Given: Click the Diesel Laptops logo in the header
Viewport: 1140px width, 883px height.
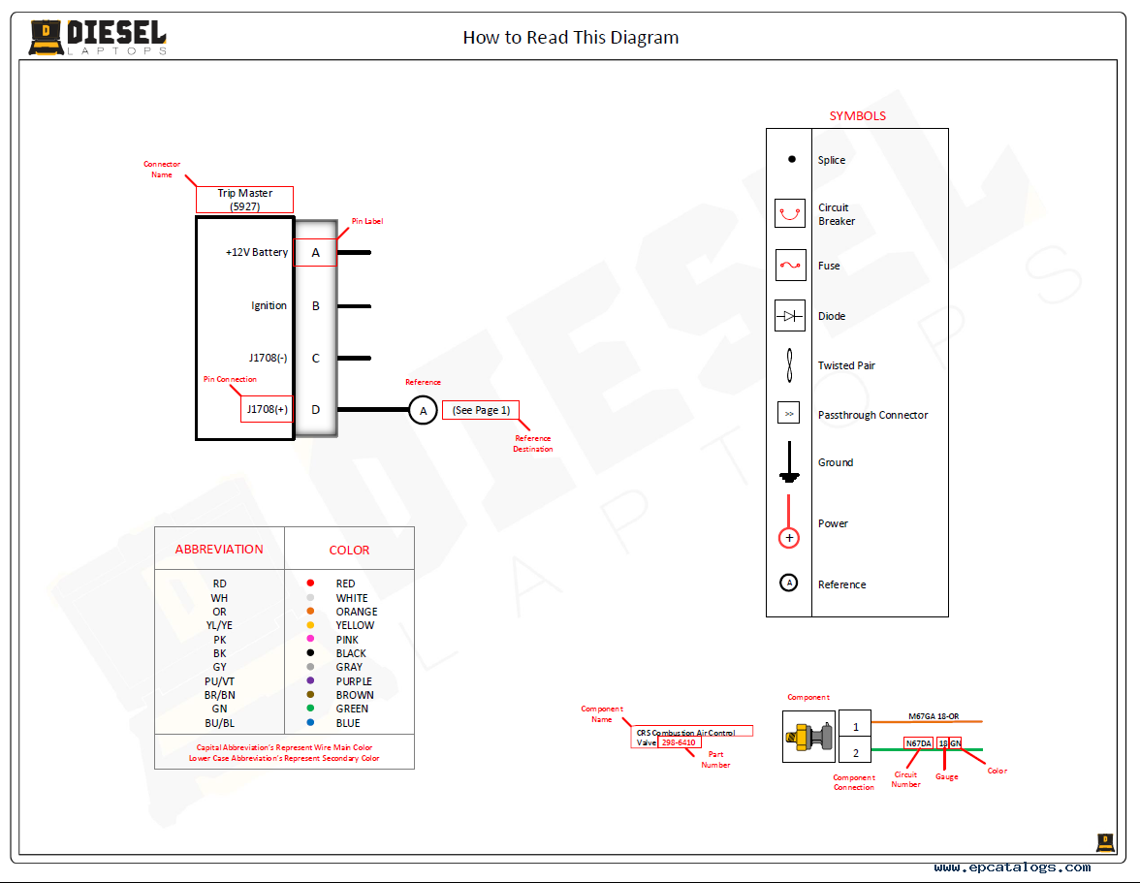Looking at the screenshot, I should (x=98, y=38).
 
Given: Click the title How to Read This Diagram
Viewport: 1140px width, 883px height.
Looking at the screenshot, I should (x=570, y=38).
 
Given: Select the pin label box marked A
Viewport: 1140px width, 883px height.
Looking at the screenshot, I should (x=315, y=253).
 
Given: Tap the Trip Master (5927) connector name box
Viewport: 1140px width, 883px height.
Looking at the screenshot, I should (x=244, y=200).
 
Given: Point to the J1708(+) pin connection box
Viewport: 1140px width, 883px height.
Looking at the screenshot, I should (x=267, y=409).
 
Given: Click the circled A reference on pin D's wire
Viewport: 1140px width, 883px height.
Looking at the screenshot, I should (x=422, y=410).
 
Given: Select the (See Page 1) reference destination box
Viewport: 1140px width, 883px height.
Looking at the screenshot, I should (x=481, y=410).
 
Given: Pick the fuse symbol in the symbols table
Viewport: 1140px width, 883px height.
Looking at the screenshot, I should (x=790, y=265).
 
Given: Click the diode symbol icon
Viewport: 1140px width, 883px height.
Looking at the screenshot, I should (x=790, y=316).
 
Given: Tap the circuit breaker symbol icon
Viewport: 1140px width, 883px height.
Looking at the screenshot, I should (x=790, y=212).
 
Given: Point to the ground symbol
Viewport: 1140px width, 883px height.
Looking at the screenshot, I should (x=789, y=463).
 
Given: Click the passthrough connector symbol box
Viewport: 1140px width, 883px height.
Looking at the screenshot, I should (x=789, y=414).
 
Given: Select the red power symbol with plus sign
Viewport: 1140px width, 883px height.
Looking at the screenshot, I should (x=789, y=536).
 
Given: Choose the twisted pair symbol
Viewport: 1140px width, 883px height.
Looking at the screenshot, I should (x=790, y=366).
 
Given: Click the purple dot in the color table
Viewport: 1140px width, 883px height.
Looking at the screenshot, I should (x=310, y=680).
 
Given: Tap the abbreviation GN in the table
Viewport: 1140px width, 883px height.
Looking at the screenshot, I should (x=220, y=709).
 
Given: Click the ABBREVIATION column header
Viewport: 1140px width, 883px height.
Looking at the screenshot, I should (x=219, y=549).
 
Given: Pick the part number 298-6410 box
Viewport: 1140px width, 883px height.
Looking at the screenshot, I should (x=679, y=742).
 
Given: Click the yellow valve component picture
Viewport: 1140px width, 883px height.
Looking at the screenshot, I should (x=807, y=738).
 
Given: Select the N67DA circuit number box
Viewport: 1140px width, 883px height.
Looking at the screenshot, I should (x=918, y=743).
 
